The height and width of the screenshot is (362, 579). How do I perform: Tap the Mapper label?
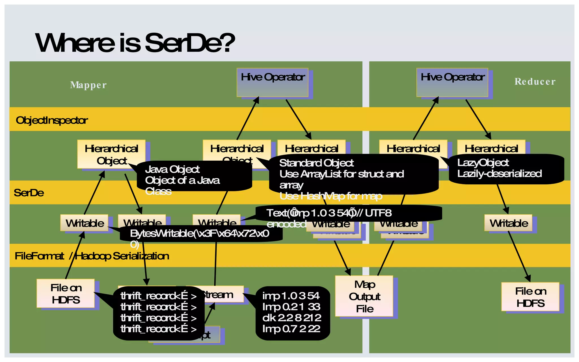coord(88,85)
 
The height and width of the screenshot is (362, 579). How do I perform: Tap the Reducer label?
coord(535,81)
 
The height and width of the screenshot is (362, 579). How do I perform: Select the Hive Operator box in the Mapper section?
coord(273,83)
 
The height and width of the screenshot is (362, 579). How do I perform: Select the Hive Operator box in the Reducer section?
coord(452,83)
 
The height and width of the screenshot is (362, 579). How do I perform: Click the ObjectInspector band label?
coord(52,120)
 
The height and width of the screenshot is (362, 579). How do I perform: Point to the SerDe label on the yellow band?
coord(29,193)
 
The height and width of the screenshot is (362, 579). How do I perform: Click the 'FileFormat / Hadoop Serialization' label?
coord(92,256)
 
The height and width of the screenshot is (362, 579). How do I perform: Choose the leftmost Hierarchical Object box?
coord(111,154)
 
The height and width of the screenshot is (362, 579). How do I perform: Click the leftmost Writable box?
coord(85,223)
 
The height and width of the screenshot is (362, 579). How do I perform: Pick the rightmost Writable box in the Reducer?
coord(508,223)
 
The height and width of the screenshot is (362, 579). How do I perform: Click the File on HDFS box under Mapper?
coord(66,294)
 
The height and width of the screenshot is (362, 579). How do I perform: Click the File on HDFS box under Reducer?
coord(530,297)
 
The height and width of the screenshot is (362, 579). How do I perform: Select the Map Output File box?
coord(364,296)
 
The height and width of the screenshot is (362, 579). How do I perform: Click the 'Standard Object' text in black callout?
coord(316,163)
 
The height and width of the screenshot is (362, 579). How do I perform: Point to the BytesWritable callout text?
coord(200,234)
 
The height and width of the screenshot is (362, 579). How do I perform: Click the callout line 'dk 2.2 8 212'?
coord(291,318)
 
